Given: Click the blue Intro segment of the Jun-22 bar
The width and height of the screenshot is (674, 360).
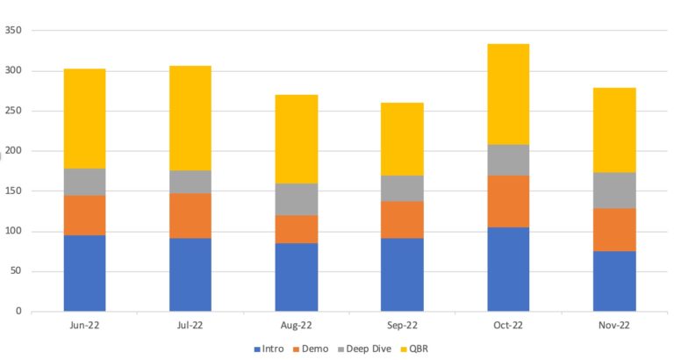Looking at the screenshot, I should pyautogui.click(x=84, y=273).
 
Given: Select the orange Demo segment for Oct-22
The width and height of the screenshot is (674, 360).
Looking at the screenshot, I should pyautogui.click(x=508, y=201).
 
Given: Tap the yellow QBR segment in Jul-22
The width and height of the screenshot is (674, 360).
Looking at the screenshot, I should pyautogui.click(x=190, y=118).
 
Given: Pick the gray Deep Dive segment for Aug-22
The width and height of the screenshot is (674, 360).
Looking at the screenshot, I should pyautogui.click(x=296, y=199).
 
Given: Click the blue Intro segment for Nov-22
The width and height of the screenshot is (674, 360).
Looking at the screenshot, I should pyautogui.click(x=614, y=281).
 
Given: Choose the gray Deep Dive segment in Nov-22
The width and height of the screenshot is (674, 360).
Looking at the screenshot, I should pyautogui.click(x=614, y=190).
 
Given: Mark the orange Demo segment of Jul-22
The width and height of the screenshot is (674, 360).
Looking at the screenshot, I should pyautogui.click(x=190, y=215).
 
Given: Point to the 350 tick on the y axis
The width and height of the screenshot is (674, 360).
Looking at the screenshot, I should pyautogui.click(x=13, y=31).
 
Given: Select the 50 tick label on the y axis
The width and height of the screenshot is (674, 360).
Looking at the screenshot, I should pyautogui.click(x=16, y=271).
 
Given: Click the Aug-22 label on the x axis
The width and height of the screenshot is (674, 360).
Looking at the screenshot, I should pyautogui.click(x=296, y=324).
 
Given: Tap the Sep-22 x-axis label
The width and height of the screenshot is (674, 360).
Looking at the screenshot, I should pyautogui.click(x=402, y=324).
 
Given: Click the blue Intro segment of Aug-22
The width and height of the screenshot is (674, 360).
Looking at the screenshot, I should pyautogui.click(x=296, y=277).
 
